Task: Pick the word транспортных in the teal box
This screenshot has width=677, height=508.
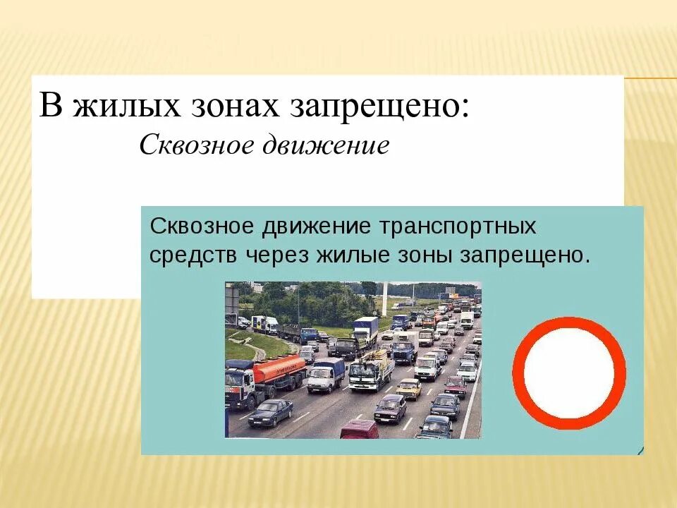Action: (458, 227)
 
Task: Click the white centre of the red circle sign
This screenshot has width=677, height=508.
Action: (569, 373)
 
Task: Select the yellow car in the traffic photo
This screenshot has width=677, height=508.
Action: (408, 387)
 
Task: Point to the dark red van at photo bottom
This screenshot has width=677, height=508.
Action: (359, 429)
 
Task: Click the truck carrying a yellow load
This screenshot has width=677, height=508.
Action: (371, 370)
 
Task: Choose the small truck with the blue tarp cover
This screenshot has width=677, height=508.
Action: (326, 373)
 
